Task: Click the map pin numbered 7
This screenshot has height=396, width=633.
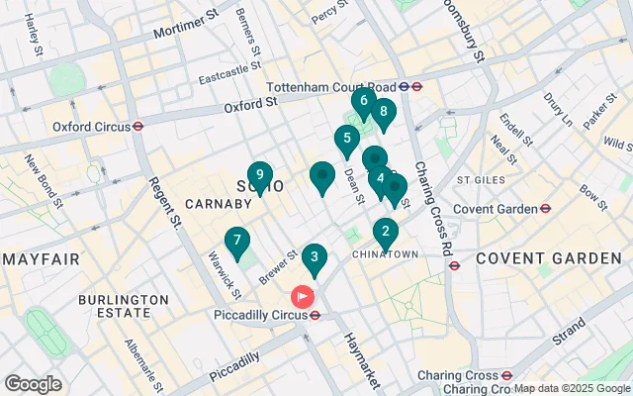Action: tap(236, 241)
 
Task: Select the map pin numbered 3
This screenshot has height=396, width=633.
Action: tap(314, 258)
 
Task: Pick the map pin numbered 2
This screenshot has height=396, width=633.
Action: tap(385, 233)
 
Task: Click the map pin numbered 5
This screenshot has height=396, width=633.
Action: tap(346, 140)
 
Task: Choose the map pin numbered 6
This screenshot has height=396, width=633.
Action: tap(363, 101)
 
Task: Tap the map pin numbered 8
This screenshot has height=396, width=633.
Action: tap(383, 112)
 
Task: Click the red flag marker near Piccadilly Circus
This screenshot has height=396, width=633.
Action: tap(301, 296)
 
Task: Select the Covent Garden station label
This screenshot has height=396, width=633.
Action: tap(500, 209)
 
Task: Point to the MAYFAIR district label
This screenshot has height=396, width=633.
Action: tap(41, 259)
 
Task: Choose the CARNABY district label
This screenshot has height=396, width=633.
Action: tap(216, 204)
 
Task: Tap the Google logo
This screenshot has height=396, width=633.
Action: tap(33, 384)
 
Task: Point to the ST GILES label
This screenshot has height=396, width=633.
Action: tap(480, 180)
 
